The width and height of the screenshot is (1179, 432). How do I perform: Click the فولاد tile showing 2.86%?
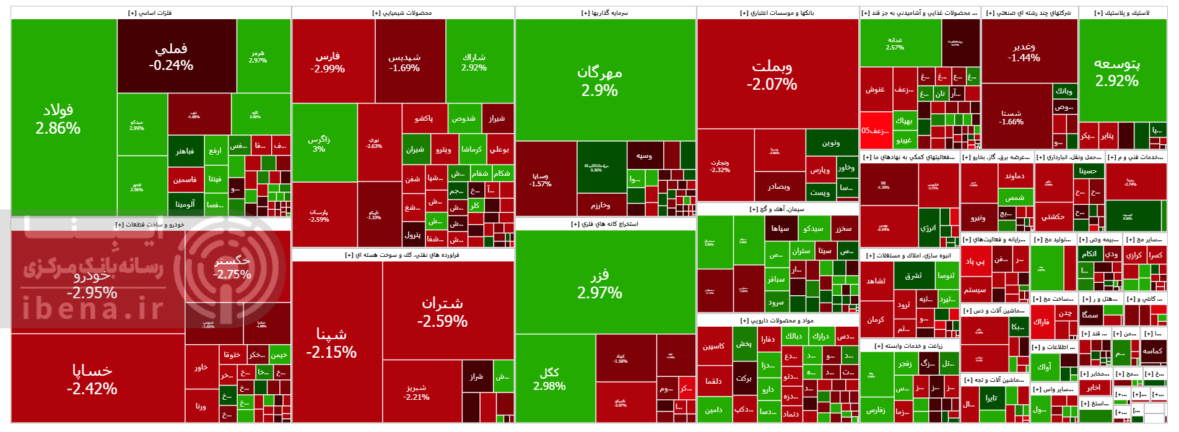tap(58, 119)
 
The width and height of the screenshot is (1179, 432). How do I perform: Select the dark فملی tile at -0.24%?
tap(171, 56)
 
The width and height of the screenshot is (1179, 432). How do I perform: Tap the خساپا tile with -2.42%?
tap(92, 379)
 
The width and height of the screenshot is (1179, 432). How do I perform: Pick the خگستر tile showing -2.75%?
tap(232, 267)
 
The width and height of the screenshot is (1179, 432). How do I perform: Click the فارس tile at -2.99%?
tap(328, 62)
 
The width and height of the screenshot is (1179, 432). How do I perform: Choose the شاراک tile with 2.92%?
tap(474, 62)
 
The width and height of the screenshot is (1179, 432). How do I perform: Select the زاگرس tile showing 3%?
tap(319, 144)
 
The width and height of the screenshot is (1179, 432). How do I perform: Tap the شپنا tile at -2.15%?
tap(331, 343)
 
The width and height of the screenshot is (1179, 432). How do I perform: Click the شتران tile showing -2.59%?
tap(442, 312)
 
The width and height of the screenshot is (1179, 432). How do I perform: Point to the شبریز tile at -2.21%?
tap(416, 392)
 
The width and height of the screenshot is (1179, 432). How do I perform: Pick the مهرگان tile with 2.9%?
tap(599, 80)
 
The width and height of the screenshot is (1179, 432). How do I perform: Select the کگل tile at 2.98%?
tap(549, 378)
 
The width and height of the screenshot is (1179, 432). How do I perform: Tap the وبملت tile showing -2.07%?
tap(772, 74)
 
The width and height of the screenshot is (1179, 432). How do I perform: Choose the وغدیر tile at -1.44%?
tap(1024, 52)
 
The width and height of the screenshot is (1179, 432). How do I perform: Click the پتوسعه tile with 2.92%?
tap(1116, 72)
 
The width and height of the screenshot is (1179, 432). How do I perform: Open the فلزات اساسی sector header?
tap(150, 13)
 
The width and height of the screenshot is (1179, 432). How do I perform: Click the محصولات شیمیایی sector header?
tap(402, 13)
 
